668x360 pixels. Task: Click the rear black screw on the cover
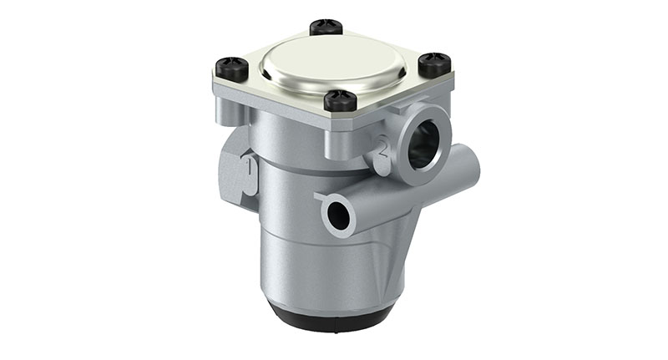click(326, 27)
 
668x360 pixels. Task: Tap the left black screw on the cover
click(232, 67)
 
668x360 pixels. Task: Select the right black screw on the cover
click(434, 63)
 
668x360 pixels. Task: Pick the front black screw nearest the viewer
click(340, 100)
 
